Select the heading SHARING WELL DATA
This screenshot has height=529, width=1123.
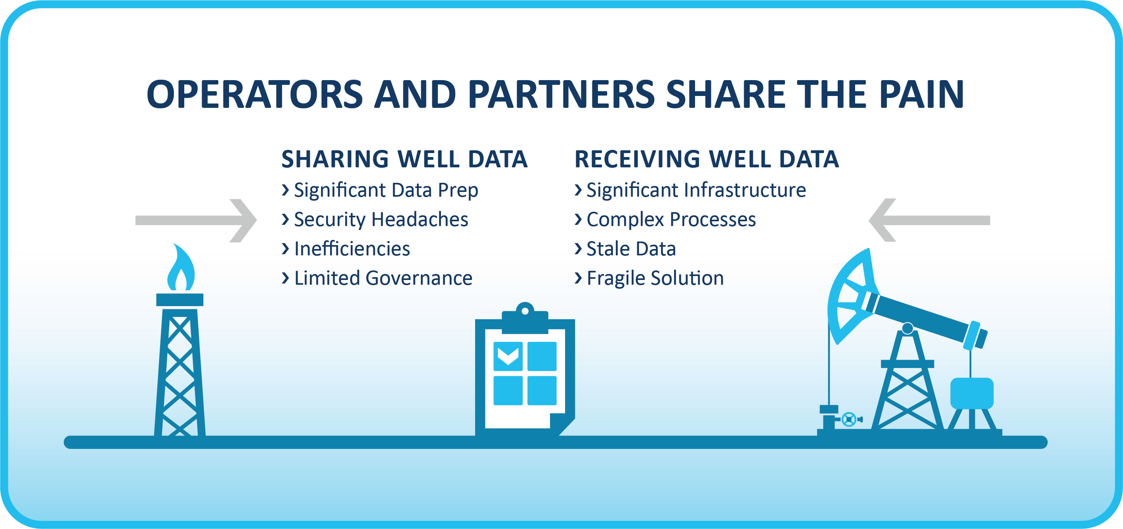click(x=405, y=159)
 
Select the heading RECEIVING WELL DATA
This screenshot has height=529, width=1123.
click(x=707, y=159)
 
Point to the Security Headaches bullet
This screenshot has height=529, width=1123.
click(x=381, y=219)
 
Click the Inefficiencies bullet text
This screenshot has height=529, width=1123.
click(x=352, y=249)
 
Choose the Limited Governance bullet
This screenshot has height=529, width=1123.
click(x=383, y=278)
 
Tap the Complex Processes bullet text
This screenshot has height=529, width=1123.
click(x=671, y=219)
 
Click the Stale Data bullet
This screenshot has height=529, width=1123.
click(x=631, y=249)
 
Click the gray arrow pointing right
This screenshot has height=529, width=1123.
click(x=196, y=220)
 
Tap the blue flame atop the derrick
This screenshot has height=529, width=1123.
click(x=180, y=267)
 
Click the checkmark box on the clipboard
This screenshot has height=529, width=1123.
click(x=508, y=356)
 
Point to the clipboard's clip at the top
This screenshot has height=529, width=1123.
click(x=525, y=318)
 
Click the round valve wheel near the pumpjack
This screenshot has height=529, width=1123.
click(x=849, y=420)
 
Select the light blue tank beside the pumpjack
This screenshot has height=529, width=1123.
click(x=972, y=393)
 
